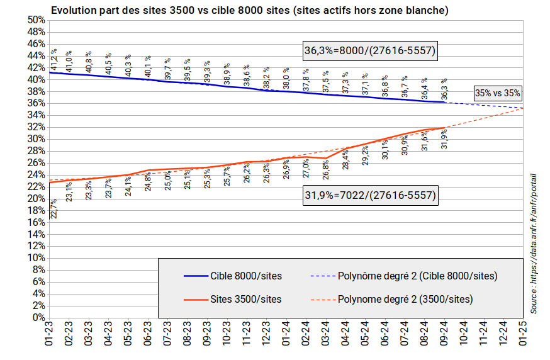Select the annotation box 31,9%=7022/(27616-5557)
(370, 196)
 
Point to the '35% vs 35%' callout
(497, 93)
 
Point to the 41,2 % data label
(55, 60)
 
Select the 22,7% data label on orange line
(54, 208)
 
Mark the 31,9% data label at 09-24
(444, 140)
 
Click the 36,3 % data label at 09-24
(444, 89)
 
